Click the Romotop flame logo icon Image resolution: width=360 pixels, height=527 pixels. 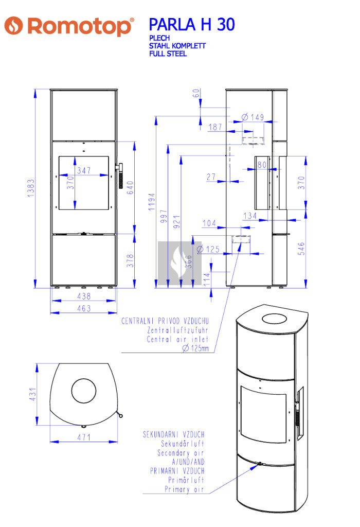[13, 26]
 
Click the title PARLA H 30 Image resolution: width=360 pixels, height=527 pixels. [192, 25]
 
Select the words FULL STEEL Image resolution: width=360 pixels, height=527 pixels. [168, 54]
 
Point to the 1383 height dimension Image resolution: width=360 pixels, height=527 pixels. [31, 188]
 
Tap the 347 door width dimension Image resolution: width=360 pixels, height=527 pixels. [84, 170]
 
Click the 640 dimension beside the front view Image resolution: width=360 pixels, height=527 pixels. [130, 187]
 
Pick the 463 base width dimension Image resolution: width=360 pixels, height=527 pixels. [84, 308]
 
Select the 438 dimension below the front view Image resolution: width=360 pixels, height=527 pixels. [84, 296]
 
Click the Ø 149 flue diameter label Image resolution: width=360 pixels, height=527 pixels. [253, 117]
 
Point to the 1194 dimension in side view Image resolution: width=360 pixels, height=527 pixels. [152, 202]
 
